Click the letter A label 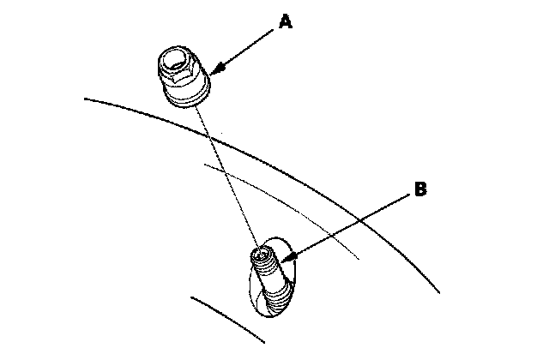(286, 21)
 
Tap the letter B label (420, 189)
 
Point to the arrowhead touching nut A (217, 69)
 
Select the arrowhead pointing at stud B (289, 258)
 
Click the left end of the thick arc (85, 99)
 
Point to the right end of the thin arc (359, 259)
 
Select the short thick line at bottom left (227, 320)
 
